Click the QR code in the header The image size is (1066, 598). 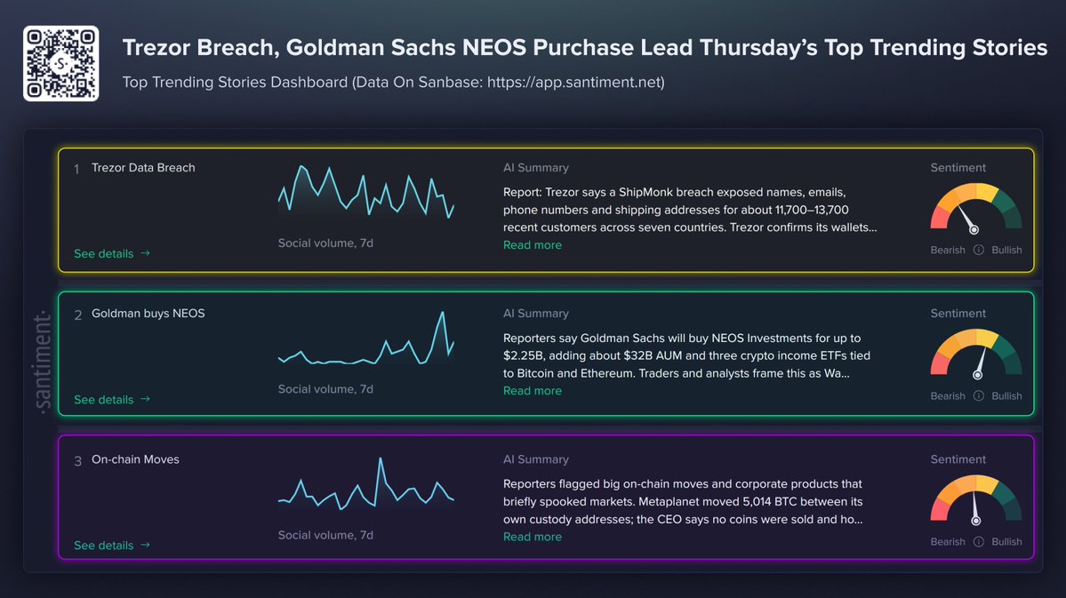pos(61,63)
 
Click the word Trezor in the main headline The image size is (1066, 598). pos(156,48)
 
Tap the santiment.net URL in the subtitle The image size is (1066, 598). pos(575,83)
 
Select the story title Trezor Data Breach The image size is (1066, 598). pos(143,168)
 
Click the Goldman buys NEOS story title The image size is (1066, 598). pos(148,314)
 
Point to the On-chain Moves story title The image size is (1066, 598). pos(135,459)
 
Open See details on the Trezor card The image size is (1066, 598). pos(112,253)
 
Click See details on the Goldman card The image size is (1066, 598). pos(112,400)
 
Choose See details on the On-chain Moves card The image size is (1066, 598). pos(112,546)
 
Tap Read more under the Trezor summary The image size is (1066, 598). pos(533,245)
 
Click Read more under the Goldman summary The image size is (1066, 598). pos(533,391)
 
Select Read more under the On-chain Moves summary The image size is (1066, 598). pos(533,537)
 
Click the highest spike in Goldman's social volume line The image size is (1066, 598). pos(443,313)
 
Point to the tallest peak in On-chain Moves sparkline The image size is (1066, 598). pos(381,458)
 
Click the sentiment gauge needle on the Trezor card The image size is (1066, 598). pos(967,219)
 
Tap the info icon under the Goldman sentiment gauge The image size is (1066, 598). pos(978,396)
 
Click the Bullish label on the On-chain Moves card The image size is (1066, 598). pos(1006,542)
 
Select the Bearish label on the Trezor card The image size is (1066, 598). pos(948,250)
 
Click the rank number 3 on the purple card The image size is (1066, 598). pos(77,461)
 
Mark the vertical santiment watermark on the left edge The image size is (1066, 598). pos(42,363)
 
